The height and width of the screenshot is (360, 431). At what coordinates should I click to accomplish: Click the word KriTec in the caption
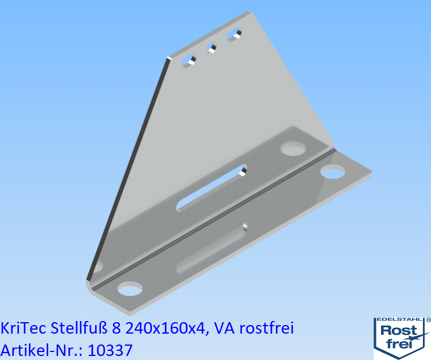pyautogui.click(x=24, y=328)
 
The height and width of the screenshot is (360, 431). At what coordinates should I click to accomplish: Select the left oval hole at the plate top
pyautogui.click(x=189, y=60)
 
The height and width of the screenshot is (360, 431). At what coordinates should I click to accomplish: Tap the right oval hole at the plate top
pyautogui.click(x=234, y=35)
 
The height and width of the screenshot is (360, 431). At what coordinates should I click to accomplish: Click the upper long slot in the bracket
pyautogui.click(x=212, y=186)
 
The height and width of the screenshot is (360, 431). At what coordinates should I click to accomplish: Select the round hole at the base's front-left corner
pyautogui.click(x=131, y=288)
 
